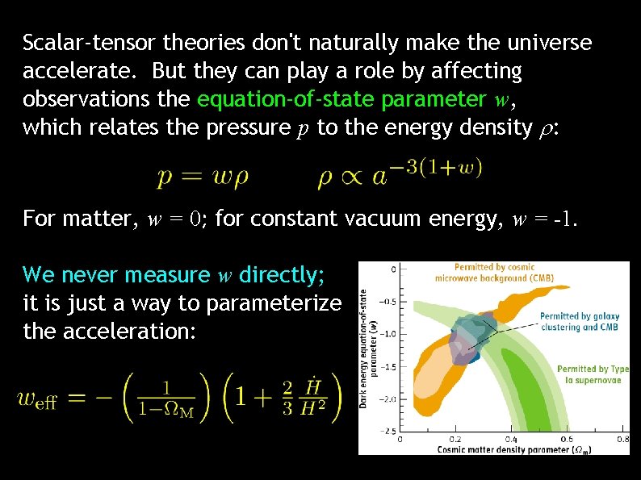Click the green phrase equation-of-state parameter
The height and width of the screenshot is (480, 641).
tap(341, 99)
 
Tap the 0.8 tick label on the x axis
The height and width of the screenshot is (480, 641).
tap(622, 440)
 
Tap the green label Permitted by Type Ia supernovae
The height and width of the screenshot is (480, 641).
tap(592, 374)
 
